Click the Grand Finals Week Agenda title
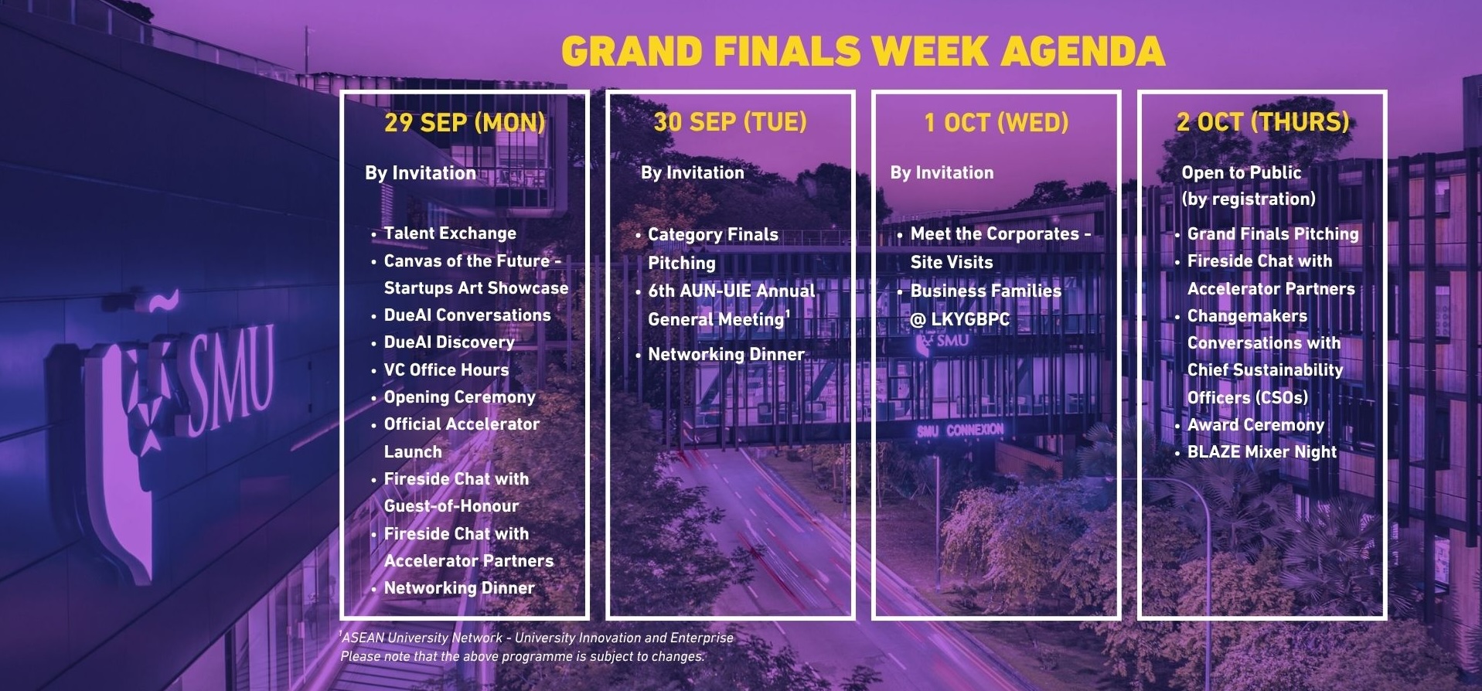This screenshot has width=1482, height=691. tap(863, 51)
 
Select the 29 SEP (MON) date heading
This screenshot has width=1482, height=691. tap(465, 122)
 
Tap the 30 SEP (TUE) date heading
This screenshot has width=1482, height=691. tap(730, 122)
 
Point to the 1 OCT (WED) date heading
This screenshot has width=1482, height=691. tap(997, 122)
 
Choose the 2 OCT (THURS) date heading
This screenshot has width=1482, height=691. tap(1262, 122)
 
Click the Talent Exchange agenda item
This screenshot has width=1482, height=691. tap(450, 233)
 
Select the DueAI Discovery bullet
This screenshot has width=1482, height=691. tap(449, 342)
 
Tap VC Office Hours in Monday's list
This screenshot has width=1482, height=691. tap(446, 369)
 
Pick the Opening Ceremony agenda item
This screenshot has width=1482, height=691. tap(459, 397)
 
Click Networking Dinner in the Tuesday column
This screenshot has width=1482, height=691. tap(726, 355)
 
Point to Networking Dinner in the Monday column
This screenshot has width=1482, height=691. tap(459, 588)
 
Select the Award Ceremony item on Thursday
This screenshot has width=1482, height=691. tap(1255, 425)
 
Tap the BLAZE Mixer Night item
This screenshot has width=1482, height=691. tap(1262, 452)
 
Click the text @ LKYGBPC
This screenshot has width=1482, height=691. tap(959, 319)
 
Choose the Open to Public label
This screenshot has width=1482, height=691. tap(1241, 172)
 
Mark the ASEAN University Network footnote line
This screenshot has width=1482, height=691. tap(537, 638)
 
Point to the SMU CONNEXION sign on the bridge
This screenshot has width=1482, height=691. tap(960, 430)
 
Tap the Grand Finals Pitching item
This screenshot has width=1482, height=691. tap(1272, 234)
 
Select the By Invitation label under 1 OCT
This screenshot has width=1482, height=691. tap(942, 172)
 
